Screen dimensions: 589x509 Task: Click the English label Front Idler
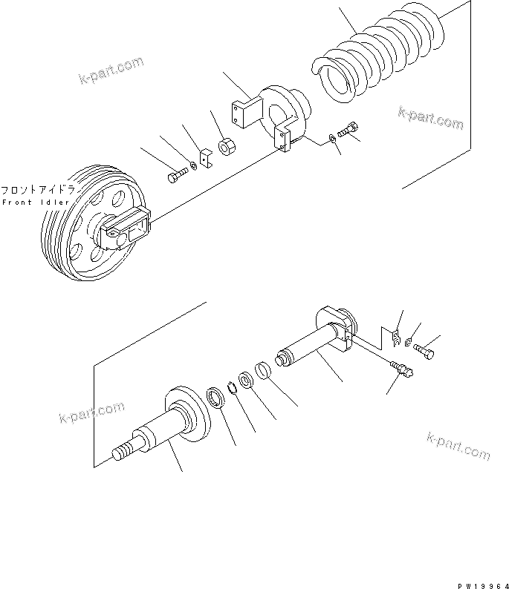pos(35,203)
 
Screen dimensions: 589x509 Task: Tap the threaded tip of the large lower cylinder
pos(121,453)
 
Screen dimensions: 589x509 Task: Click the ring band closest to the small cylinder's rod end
pos(262,369)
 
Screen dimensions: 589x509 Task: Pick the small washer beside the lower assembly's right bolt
pos(410,341)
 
